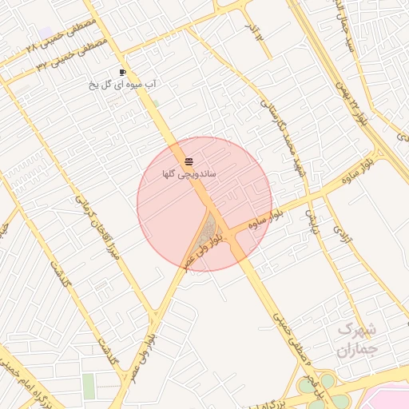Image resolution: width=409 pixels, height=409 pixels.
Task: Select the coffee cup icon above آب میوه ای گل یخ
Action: [x=122, y=72]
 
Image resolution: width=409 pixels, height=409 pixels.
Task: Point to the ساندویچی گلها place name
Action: [x=189, y=173]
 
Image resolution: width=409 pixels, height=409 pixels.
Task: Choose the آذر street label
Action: [x=255, y=32]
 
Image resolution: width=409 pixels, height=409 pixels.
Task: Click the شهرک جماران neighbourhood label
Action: [x=356, y=339]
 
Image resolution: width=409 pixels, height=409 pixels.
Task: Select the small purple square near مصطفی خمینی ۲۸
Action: [x=46, y=33]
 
